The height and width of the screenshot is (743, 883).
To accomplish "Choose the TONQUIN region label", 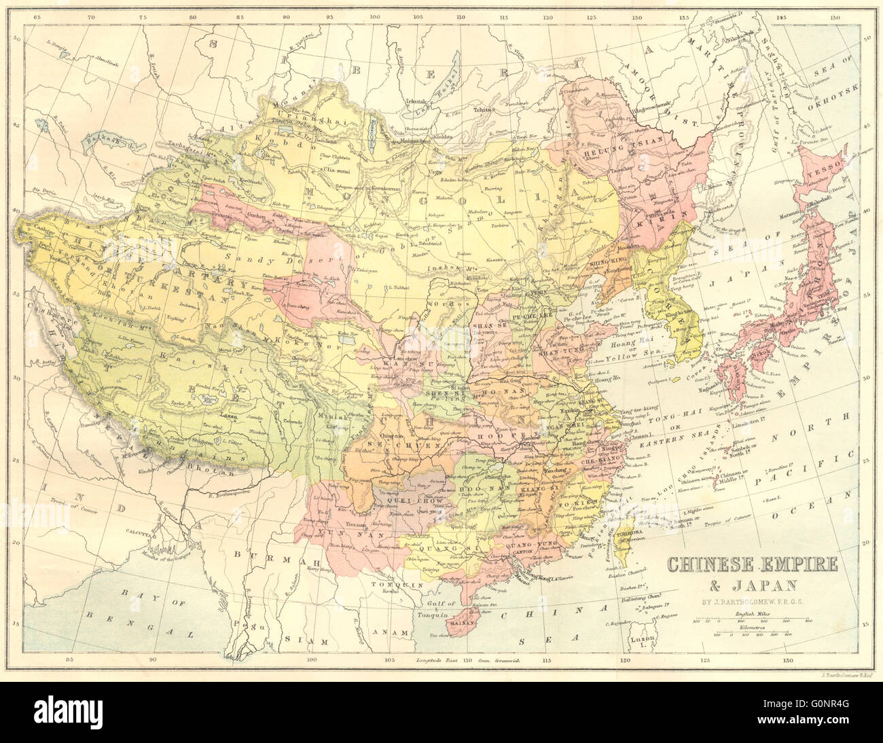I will (390, 583).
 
